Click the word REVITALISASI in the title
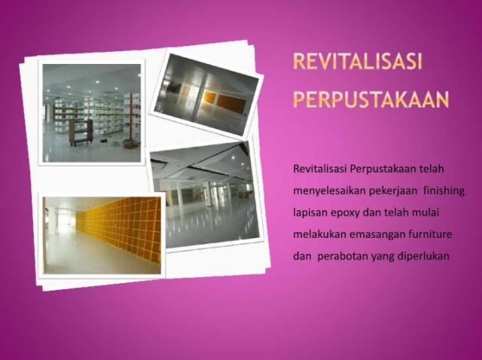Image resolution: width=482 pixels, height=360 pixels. click(x=358, y=61)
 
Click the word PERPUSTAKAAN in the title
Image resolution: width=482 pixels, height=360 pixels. click(x=371, y=99)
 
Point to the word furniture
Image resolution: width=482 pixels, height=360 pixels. click(x=430, y=234)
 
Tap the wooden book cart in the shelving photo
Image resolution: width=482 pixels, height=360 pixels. click(x=81, y=133)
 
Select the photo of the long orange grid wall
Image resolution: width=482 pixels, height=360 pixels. click(x=102, y=236)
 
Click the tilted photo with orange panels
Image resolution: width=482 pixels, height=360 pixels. click(x=206, y=94)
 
